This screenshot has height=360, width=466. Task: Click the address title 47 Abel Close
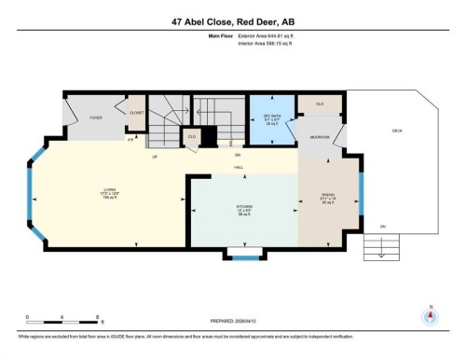tap(232, 21)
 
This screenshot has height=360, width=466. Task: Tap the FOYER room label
tap(96, 118)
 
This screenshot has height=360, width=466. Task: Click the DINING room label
tap(327, 197)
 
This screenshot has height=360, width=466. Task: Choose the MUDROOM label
tap(320, 137)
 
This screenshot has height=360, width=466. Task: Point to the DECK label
tap(396, 131)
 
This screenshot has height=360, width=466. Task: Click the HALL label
tap(239, 166)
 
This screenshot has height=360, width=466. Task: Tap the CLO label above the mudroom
tap(320, 104)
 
